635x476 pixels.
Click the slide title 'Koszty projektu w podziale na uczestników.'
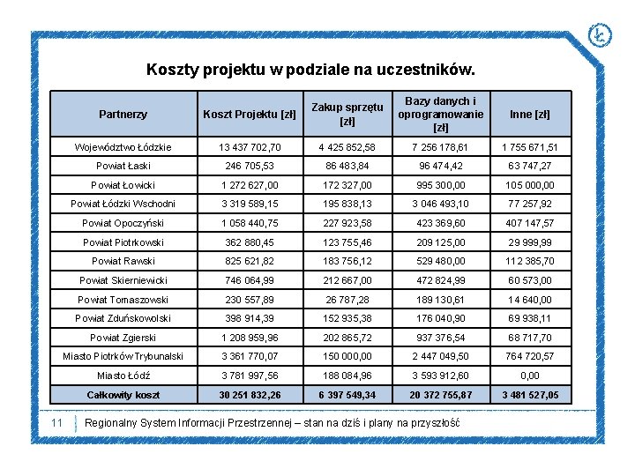pyautogui.click(x=310, y=69)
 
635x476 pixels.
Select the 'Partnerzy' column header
pyautogui.click(x=123, y=114)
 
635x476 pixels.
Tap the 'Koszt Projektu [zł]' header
pyautogui.click(x=250, y=114)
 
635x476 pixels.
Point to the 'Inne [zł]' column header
pyautogui.click(x=530, y=114)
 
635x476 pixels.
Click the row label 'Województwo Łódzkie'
pyautogui.click(x=123, y=147)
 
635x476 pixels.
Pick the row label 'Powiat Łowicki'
pyautogui.click(x=123, y=185)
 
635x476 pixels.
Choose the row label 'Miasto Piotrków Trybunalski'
pyautogui.click(x=123, y=356)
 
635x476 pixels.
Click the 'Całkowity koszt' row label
pyautogui.click(x=123, y=395)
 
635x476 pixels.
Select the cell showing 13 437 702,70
pyautogui.click(x=250, y=147)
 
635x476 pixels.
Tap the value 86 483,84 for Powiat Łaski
pyautogui.click(x=347, y=166)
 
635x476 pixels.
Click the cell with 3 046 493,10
pyautogui.click(x=441, y=204)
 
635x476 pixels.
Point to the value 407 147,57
pyautogui.click(x=530, y=223)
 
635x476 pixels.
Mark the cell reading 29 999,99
pyautogui.click(x=530, y=242)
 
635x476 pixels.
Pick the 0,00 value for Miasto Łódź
pyautogui.click(x=530, y=376)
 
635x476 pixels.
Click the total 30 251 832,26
pyautogui.click(x=250, y=395)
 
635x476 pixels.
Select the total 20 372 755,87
pyautogui.click(x=441, y=395)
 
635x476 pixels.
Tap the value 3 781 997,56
pyautogui.click(x=250, y=376)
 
